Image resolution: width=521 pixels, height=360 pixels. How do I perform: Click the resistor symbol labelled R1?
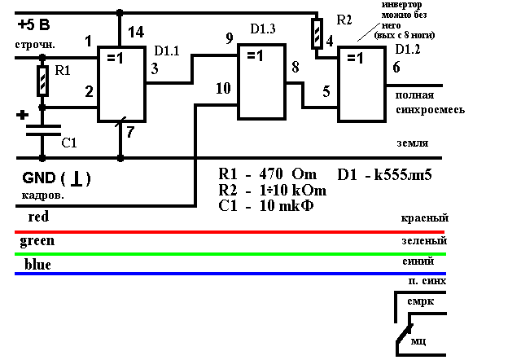point(43,81)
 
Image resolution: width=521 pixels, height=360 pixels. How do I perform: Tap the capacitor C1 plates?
point(42,130)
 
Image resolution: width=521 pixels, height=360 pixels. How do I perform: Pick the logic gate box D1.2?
point(362,84)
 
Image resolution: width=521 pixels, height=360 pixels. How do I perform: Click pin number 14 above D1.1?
point(137,32)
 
